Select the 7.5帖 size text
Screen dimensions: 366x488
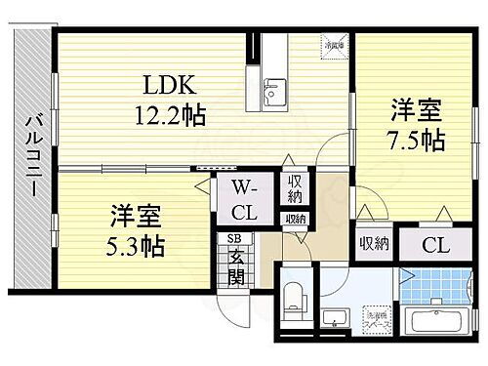tap(415, 139)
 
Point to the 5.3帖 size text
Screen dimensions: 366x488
tap(132, 243)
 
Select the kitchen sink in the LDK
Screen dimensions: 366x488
tap(274, 94)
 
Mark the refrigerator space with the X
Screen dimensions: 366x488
tap(335, 45)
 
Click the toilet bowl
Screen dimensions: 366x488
tap(293, 301)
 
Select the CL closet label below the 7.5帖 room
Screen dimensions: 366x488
tap(436, 244)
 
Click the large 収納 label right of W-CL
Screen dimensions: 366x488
tap(294, 189)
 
